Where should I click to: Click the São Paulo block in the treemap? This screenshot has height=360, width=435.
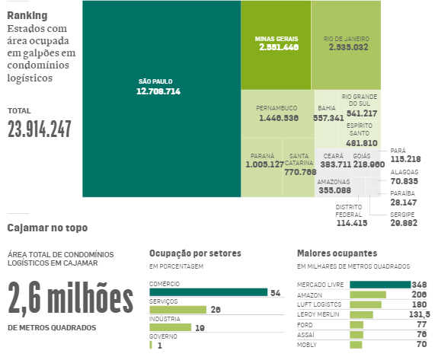[x=162, y=99]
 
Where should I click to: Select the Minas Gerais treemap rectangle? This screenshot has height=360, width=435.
[x=276, y=45]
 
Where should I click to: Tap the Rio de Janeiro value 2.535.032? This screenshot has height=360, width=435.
[x=348, y=47]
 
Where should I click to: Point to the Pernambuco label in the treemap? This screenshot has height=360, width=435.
[x=277, y=108]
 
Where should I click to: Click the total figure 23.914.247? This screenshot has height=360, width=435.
[x=40, y=129]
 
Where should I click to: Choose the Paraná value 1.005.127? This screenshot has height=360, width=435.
[x=264, y=164]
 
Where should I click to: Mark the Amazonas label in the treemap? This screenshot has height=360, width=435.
[x=334, y=182]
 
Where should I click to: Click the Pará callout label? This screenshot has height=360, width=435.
[x=398, y=151]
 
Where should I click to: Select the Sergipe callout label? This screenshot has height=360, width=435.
[x=402, y=215]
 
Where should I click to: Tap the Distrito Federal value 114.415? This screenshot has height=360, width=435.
[x=352, y=223]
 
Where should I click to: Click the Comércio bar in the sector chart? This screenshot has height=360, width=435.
[x=208, y=292]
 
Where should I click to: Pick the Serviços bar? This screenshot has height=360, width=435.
[x=178, y=310]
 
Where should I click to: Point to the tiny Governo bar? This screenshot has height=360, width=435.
[x=151, y=345]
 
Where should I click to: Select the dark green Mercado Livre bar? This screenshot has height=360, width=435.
[x=380, y=285]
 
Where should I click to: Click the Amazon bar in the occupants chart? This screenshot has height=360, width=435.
[x=368, y=295]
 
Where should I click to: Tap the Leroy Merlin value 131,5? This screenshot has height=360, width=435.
[x=420, y=314]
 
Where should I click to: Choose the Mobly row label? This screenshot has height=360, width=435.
[x=306, y=345]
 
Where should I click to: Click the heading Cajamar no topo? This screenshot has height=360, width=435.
[x=47, y=228]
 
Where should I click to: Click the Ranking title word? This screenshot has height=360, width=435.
[x=27, y=15]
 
